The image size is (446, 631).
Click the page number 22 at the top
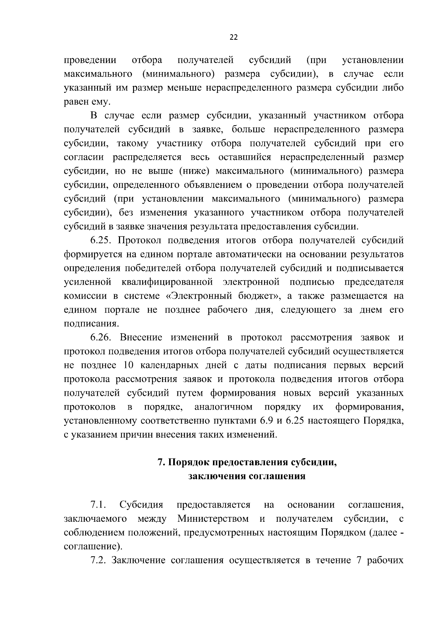pos(233,37)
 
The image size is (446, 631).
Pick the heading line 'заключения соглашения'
pos(247,476)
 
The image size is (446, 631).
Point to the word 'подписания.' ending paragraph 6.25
pos(91,324)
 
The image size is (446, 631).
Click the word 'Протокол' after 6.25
pos(141,240)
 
